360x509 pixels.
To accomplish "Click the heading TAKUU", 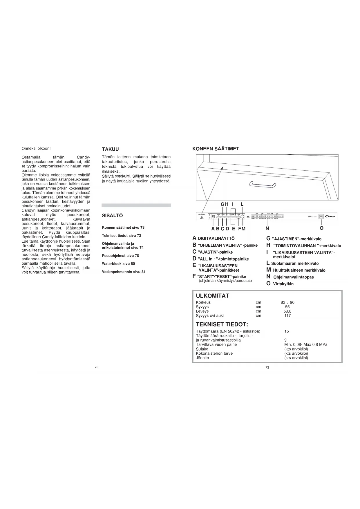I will click(110, 149).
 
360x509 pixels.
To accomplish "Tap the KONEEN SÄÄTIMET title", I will click(216, 149).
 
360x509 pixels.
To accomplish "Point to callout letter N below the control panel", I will click(267, 228).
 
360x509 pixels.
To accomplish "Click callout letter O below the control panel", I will click(321, 228).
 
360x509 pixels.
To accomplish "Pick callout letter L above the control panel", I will click(242, 204).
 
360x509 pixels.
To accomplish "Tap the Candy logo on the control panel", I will click(330, 216).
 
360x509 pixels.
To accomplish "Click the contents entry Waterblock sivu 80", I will click(118, 264).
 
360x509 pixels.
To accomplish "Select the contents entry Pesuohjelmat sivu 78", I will click(120, 256).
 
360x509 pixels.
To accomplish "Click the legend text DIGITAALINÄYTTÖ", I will click(216, 239).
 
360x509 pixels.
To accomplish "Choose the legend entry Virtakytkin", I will click(283, 284).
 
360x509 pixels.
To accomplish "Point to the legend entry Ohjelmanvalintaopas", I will click(293, 277).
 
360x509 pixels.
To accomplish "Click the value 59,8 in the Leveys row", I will click(287, 311).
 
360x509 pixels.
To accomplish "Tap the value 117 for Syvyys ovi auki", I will click(287, 315).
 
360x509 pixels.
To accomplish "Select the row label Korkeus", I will click(203, 302).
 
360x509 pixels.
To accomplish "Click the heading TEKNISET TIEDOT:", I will click(222, 324).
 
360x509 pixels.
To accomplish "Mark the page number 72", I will click(97, 367).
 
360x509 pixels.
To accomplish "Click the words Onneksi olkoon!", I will click(36, 148).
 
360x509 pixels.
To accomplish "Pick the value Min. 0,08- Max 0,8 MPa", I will click(306, 344).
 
